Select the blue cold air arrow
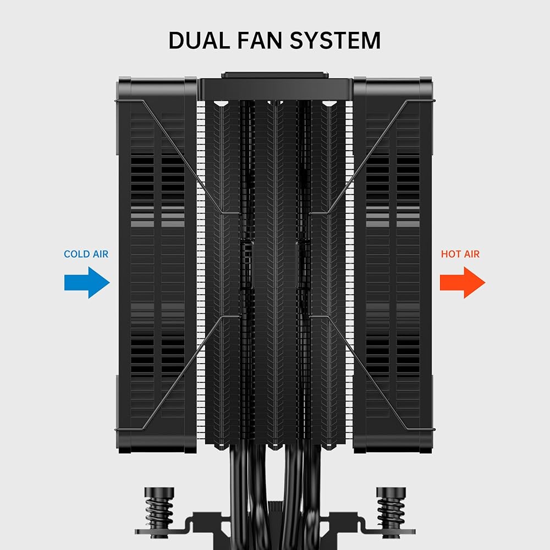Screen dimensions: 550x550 [x=87, y=283]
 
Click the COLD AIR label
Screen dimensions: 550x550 [x=86, y=254]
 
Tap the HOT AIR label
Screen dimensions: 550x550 [x=460, y=254]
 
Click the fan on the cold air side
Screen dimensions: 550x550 [x=157, y=264]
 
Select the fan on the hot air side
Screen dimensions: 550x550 [x=393, y=264]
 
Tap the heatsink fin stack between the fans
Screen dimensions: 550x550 [x=275, y=264]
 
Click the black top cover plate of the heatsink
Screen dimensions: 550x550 [x=275, y=89]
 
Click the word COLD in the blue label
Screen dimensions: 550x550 [x=77, y=254]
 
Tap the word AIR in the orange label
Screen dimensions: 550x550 [x=471, y=254]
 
